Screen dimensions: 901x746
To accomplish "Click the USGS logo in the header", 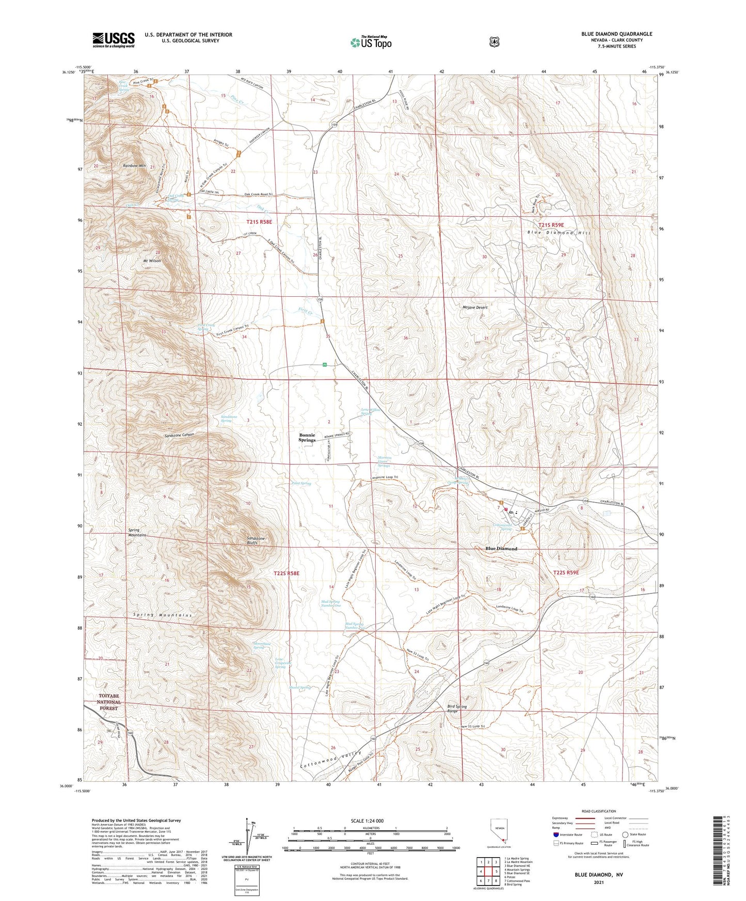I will pyautogui.click(x=114, y=40).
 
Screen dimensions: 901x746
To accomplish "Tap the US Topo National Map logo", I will pyautogui.click(x=370, y=42).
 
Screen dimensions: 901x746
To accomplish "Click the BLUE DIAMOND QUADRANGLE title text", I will pyautogui.click(x=616, y=34).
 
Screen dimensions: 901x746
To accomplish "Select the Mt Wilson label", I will pyautogui.click(x=152, y=261).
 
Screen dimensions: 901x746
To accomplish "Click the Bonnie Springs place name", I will pyautogui.click(x=308, y=438).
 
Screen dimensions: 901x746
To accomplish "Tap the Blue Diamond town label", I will pyautogui.click(x=501, y=549).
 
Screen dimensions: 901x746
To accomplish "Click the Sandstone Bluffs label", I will pyautogui.click(x=256, y=541).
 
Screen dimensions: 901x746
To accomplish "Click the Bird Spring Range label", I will pyautogui.click(x=453, y=709).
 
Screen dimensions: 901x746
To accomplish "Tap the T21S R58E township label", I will pyautogui.click(x=259, y=221).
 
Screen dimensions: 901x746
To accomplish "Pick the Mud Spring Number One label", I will pyautogui.click(x=330, y=603).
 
